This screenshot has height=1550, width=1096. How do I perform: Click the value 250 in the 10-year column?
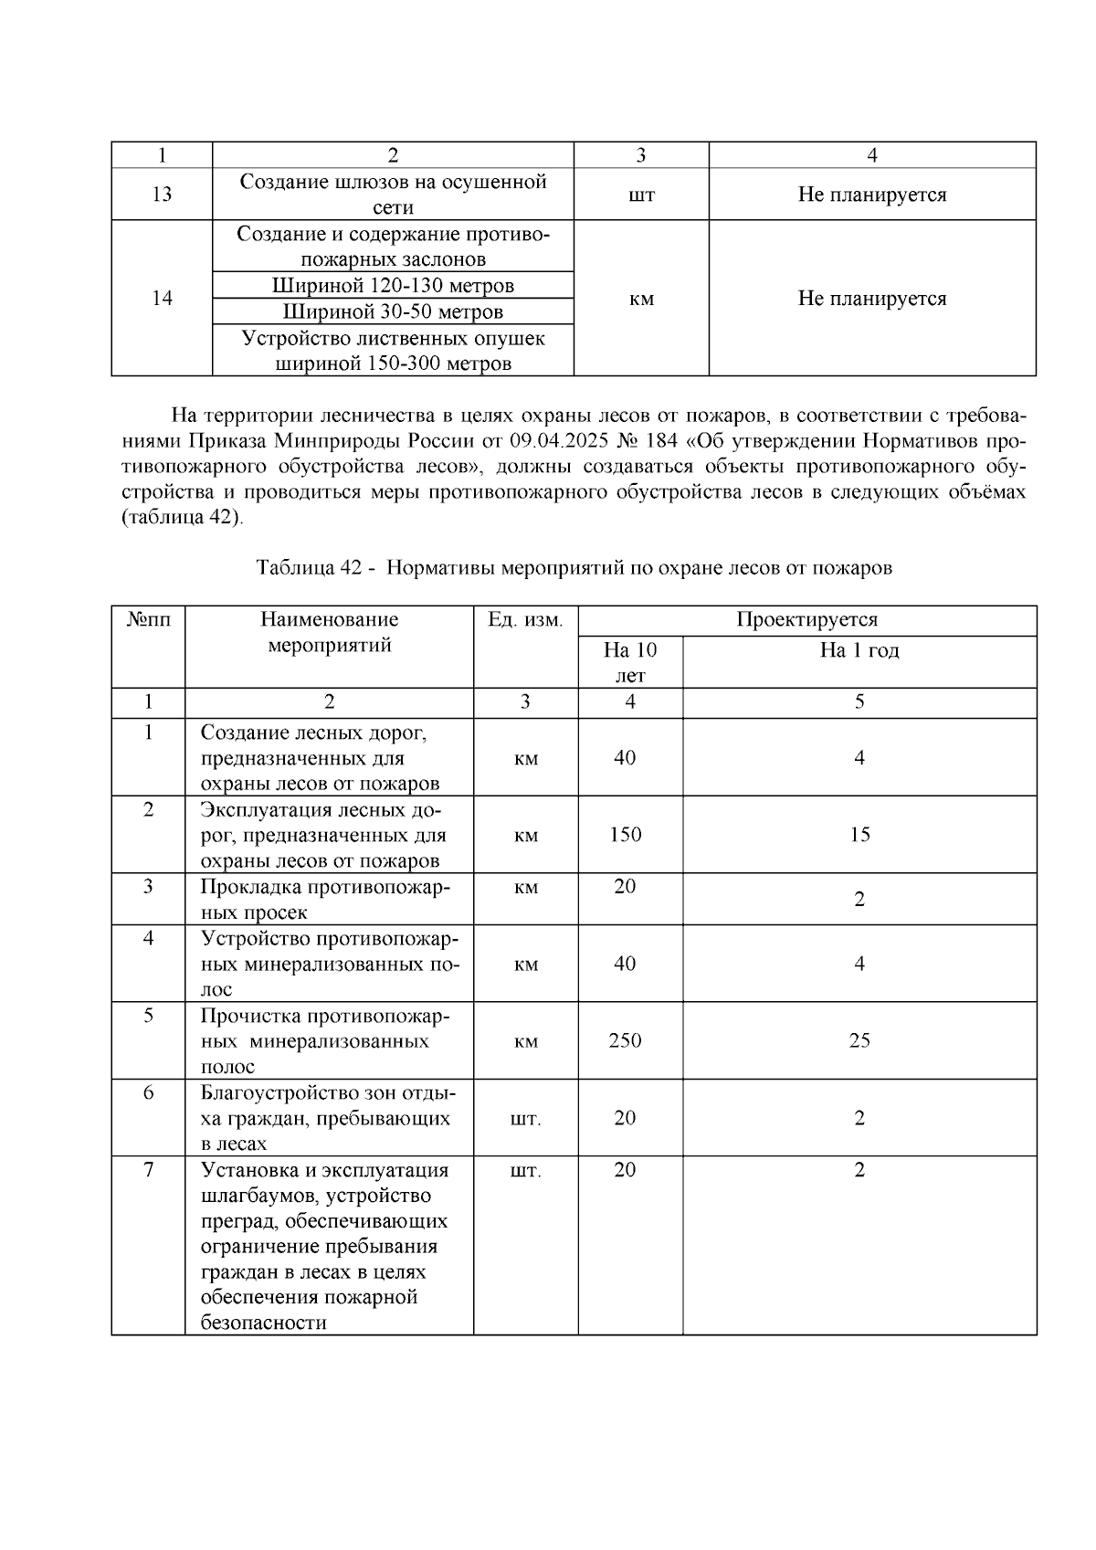click(625, 1040)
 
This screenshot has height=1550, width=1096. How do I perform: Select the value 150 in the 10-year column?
click(625, 834)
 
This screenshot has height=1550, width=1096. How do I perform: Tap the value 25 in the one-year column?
click(859, 1040)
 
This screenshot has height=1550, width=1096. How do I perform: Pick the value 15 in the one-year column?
click(859, 834)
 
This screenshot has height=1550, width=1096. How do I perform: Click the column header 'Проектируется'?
click(806, 620)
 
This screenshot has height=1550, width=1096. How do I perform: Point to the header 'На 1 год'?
click(859, 650)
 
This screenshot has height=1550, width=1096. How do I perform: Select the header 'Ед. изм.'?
click(525, 620)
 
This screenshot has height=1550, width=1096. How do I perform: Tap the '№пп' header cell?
click(148, 620)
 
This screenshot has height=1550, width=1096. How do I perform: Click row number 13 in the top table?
click(162, 195)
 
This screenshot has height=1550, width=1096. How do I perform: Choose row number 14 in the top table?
click(162, 299)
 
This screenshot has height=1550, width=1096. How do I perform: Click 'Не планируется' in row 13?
click(871, 195)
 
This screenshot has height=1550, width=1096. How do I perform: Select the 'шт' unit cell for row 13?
click(641, 195)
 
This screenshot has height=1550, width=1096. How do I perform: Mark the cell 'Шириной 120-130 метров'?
click(393, 286)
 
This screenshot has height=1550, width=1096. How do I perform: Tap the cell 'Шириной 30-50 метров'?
click(393, 312)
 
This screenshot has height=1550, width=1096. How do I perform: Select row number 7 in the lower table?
click(148, 1170)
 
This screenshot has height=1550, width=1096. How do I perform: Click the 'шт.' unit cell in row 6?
click(525, 1118)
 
